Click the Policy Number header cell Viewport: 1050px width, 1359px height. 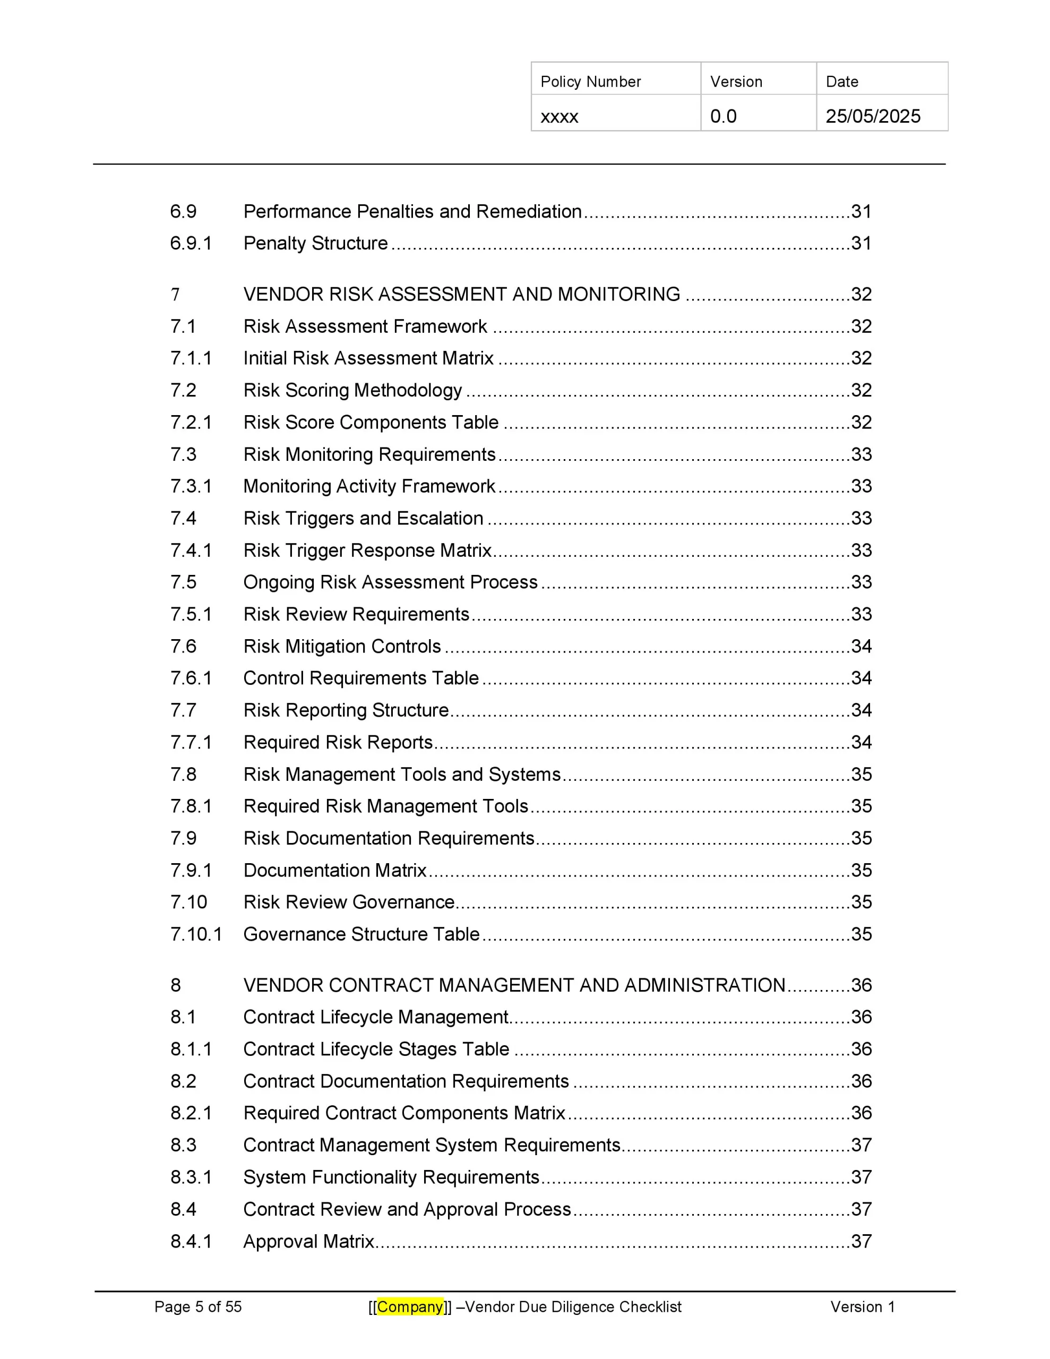tap(590, 82)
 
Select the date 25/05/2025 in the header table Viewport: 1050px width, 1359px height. tap(873, 116)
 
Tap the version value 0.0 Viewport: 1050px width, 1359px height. tap(723, 116)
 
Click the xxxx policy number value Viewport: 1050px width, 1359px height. tap(559, 117)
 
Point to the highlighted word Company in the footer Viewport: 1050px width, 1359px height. tap(410, 1307)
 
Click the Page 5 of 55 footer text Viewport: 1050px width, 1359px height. tap(198, 1307)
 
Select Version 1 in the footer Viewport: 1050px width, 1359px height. tap(862, 1307)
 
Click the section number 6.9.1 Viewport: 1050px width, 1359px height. tap(191, 243)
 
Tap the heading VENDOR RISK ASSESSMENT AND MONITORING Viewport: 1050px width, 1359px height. tap(461, 294)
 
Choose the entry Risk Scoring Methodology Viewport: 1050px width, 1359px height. tap(352, 390)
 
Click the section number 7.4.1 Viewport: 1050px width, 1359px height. tap(191, 551)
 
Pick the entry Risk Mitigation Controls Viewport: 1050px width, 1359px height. tap(342, 647)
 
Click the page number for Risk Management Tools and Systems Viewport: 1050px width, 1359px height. tap(862, 774)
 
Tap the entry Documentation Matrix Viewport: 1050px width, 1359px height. tap(335, 870)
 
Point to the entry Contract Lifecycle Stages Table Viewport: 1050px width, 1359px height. tap(376, 1049)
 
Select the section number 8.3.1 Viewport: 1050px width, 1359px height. tap(191, 1177)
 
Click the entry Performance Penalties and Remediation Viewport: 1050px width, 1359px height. tap(412, 212)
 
